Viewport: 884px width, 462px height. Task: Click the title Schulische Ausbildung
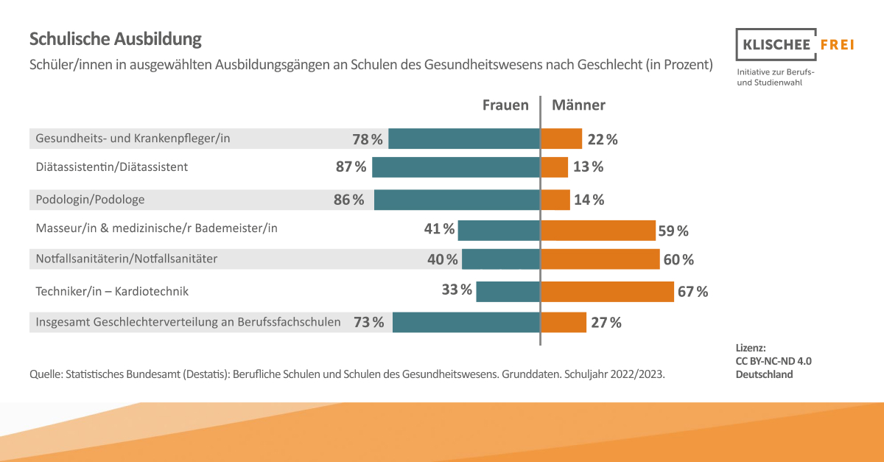coord(115,39)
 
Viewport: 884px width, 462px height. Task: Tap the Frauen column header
coord(505,105)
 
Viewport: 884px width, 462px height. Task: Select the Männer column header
coord(578,105)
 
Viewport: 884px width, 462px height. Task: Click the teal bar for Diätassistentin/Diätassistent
coord(455,167)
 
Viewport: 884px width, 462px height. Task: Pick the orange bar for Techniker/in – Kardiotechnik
coord(607,292)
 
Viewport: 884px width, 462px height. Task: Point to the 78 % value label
coord(368,139)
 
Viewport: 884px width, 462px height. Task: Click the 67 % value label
coord(692,292)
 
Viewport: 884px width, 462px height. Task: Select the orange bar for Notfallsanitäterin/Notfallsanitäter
coord(600,259)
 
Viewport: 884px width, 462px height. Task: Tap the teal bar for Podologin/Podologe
coord(457,200)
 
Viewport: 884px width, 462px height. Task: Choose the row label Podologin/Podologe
coord(90,200)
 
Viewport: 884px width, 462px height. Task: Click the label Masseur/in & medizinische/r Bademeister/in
coord(156,228)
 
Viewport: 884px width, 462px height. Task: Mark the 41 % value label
coord(439,229)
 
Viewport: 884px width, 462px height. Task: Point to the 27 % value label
coord(606,323)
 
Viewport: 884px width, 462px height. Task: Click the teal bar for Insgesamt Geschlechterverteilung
coord(466,322)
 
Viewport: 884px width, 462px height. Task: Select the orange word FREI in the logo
coord(837,44)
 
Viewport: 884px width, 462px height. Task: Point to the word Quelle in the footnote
coord(46,374)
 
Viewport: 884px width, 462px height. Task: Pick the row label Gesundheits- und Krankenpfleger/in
coord(133,139)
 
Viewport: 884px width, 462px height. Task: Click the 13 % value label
coord(588,167)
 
